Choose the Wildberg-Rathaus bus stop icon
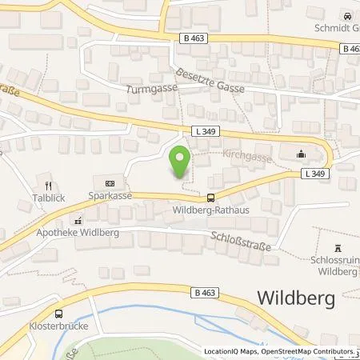click(211, 198)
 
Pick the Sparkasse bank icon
click(110, 182)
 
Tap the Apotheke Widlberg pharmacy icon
click(78, 219)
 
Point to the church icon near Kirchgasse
click(302, 154)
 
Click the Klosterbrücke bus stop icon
click(58, 314)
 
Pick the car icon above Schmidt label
click(347, 17)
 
